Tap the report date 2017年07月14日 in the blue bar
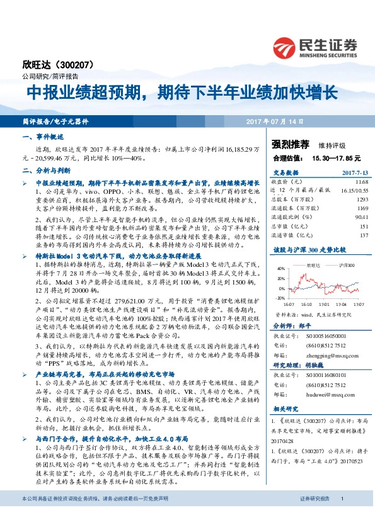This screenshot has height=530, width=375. pos(274,121)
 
